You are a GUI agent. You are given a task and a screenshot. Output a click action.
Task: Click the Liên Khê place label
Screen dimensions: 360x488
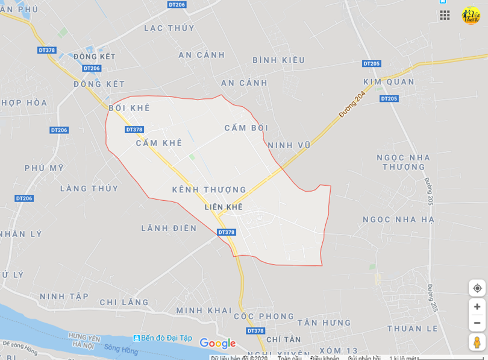(223, 207)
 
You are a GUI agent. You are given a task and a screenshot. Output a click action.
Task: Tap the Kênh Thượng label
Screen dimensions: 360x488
(209, 190)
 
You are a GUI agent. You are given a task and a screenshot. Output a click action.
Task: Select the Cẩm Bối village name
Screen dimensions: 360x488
(246, 128)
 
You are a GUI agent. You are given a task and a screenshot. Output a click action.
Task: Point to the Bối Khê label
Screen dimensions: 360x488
(130, 108)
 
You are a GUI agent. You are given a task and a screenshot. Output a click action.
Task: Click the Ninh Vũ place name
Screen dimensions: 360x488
(289, 145)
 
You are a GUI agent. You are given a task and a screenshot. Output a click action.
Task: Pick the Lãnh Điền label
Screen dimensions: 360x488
(169, 228)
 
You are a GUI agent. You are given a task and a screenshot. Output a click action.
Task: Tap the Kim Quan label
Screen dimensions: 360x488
(389, 81)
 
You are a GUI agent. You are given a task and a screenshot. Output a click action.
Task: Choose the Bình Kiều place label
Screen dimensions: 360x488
(278, 60)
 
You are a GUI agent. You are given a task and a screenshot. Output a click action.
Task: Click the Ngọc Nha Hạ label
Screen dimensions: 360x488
(398, 219)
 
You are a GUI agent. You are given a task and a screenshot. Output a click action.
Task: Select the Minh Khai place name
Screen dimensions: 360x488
(204, 311)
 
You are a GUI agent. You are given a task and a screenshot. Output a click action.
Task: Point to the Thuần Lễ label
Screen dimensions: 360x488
(413, 329)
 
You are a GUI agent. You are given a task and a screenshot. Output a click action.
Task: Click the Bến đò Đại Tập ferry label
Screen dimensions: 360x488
(163, 338)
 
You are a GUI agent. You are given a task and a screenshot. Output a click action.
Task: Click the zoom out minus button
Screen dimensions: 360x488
(477, 323)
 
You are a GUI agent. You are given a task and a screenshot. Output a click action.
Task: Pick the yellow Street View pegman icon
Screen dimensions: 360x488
(477, 342)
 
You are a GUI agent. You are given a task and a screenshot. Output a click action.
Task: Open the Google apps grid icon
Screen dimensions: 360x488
(445, 15)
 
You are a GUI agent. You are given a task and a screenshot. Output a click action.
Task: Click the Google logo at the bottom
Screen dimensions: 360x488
(217, 344)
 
